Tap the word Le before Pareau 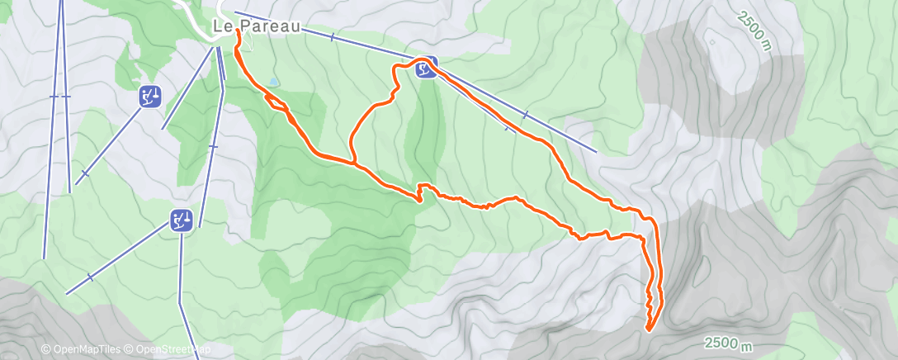point(222,26)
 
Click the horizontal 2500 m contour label point(729,343)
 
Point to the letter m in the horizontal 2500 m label point(749,343)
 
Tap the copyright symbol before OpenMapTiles point(46,350)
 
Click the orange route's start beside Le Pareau point(239,31)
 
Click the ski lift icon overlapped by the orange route point(426,69)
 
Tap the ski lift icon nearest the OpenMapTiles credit point(182,220)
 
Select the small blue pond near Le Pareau point(272,82)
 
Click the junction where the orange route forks point(355,163)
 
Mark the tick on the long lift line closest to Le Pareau point(332,37)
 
